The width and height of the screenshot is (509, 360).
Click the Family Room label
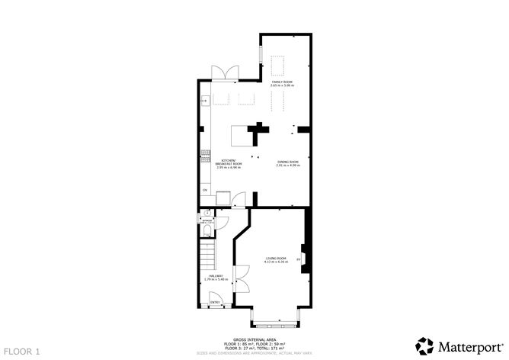(x=281, y=83)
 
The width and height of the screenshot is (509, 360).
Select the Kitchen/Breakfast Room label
(x=228, y=163)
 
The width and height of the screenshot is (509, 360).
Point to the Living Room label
(x=276, y=260)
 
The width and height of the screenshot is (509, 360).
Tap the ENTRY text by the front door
(x=214, y=303)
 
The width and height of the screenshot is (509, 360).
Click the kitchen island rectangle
(x=242, y=136)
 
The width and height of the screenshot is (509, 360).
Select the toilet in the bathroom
(x=208, y=231)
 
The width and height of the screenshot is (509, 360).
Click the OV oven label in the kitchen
(x=204, y=188)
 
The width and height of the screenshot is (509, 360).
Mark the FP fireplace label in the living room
(x=299, y=259)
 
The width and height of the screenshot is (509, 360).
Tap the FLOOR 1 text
(x=22, y=349)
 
